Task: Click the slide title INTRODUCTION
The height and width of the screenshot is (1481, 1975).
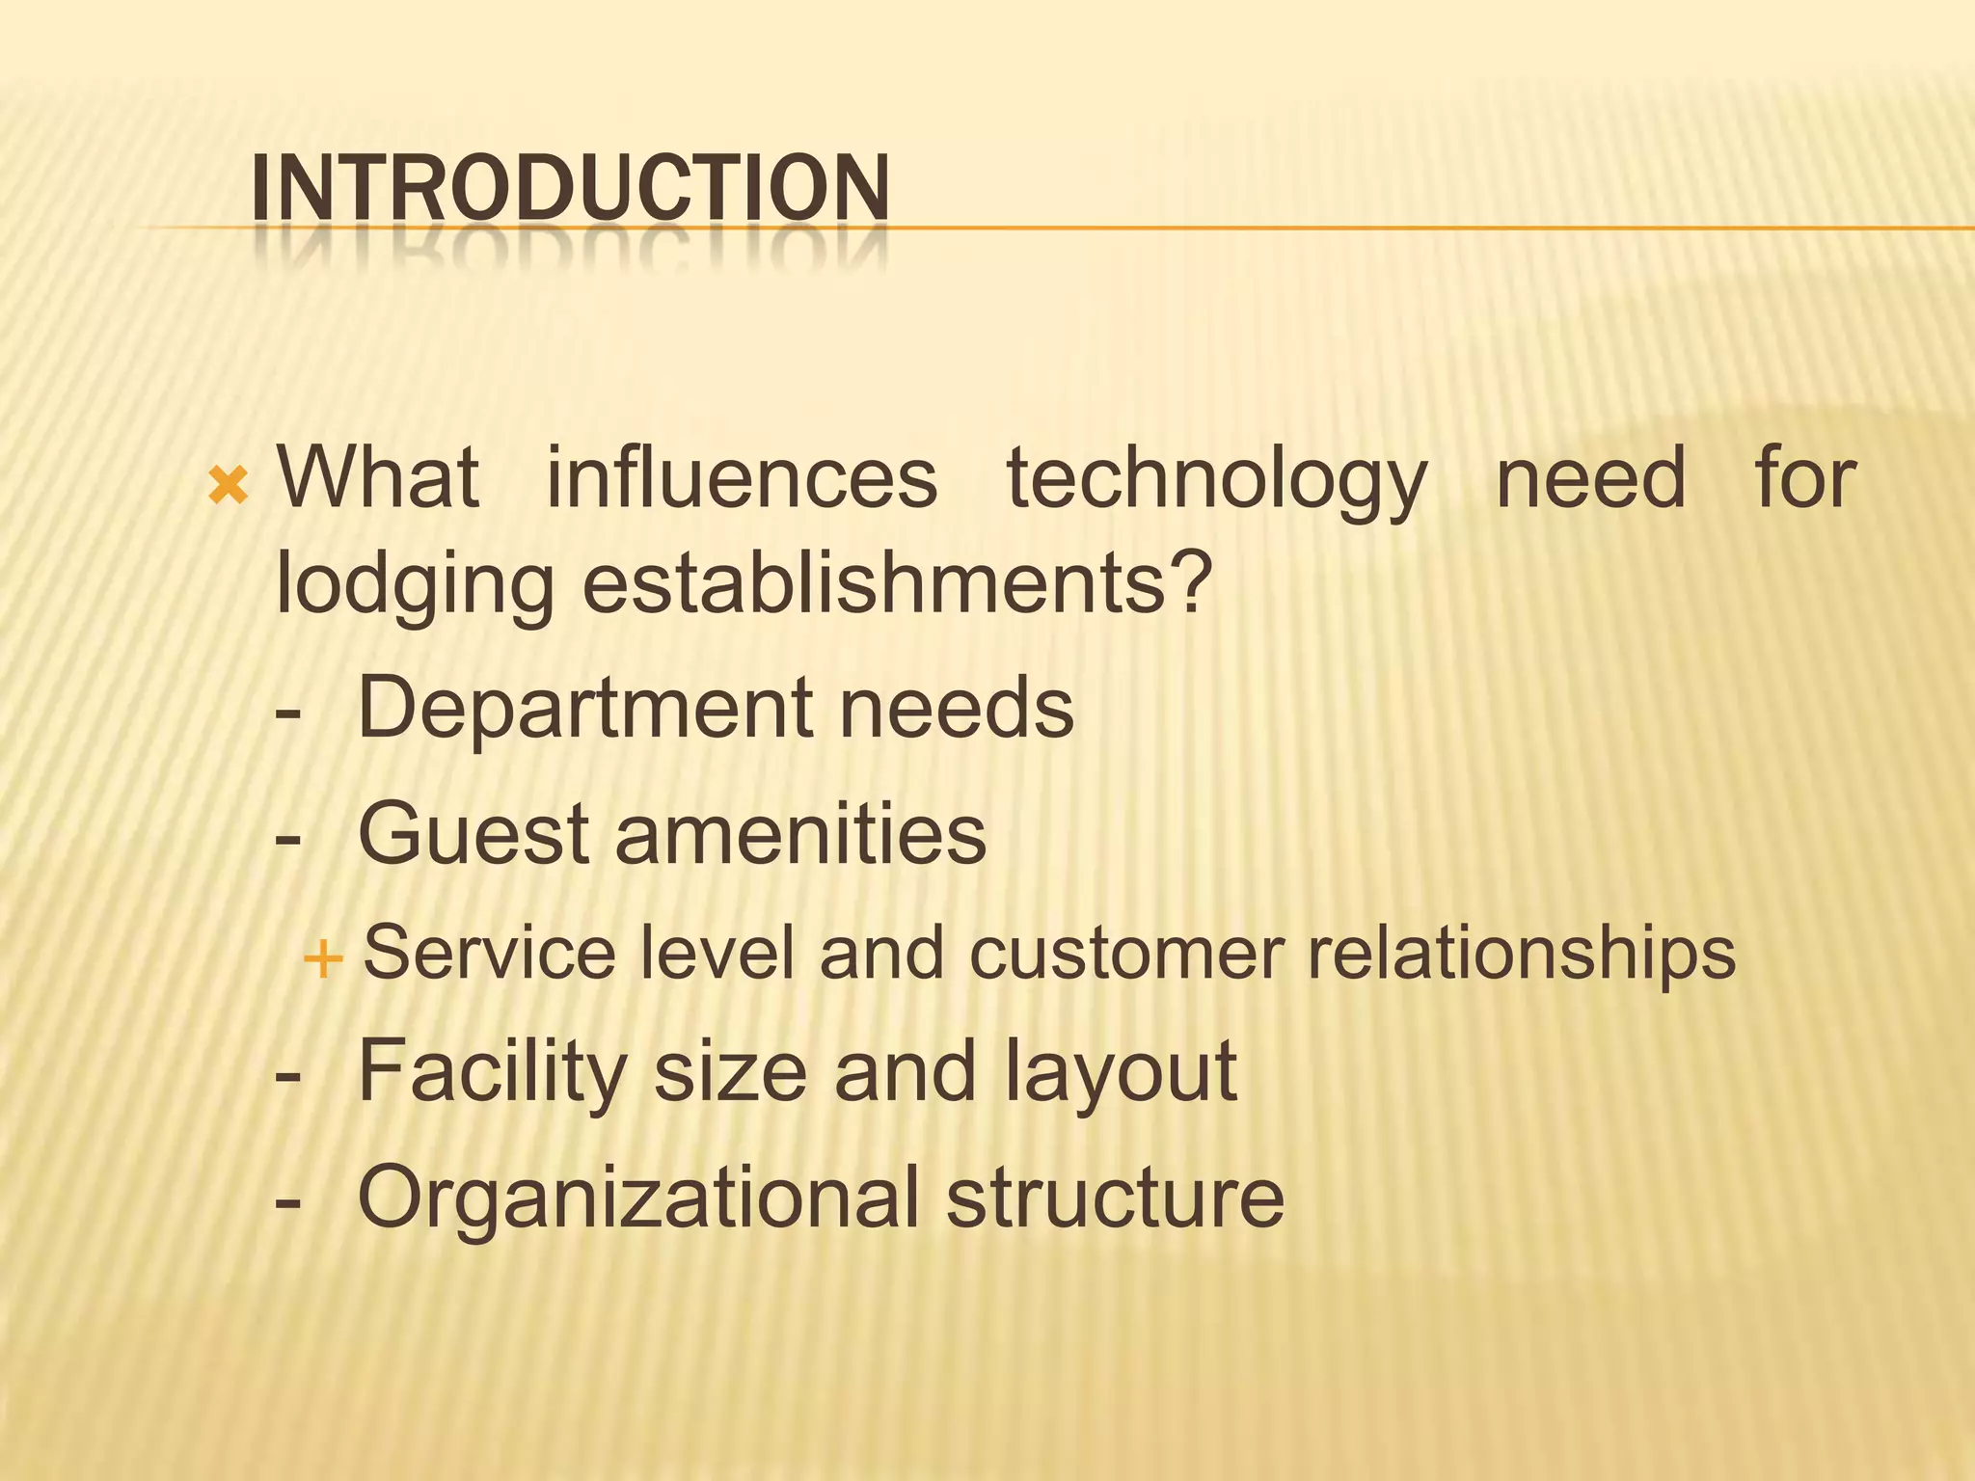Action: pyautogui.click(x=569, y=187)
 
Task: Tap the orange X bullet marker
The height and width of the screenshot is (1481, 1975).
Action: pyautogui.click(x=229, y=486)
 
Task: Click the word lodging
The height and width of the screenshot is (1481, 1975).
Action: pyautogui.click(x=414, y=586)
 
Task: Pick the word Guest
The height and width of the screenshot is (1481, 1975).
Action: pyautogui.click(x=473, y=834)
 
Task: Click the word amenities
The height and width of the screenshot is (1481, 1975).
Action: pyautogui.click(x=800, y=834)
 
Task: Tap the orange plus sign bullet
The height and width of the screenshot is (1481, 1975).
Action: pyautogui.click(x=322, y=959)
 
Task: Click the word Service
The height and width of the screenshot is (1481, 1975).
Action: pyautogui.click(x=489, y=953)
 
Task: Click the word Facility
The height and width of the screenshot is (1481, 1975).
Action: pyautogui.click(x=492, y=1072)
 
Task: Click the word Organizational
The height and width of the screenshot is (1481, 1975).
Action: pyautogui.click(x=637, y=1198)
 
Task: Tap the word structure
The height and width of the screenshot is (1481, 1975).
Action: pyautogui.click(x=1115, y=1198)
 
